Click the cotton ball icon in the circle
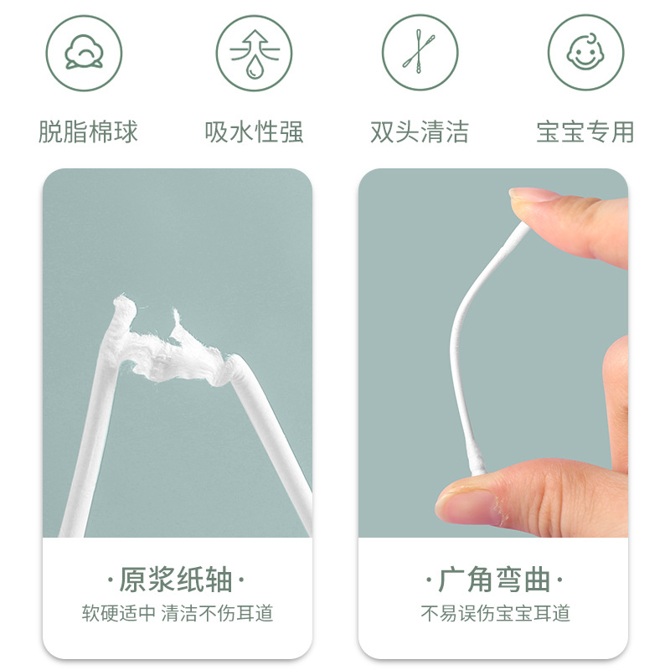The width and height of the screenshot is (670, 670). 84,53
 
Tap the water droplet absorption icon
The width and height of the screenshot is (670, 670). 255,53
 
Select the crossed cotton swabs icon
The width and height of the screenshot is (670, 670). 420,53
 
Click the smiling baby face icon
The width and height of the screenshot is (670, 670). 585,53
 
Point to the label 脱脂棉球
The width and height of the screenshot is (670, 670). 88,131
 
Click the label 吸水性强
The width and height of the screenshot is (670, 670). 255,131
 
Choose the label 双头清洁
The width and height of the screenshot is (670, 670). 420,131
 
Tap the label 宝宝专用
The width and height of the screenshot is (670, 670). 585,131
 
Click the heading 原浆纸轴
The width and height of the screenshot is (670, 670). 176,580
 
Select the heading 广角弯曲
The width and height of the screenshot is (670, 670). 494,580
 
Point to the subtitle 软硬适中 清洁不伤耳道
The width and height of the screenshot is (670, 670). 178,613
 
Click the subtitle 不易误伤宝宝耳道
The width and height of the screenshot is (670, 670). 495,613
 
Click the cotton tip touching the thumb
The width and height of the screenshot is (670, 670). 477,458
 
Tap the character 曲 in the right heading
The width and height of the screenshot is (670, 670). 537,580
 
